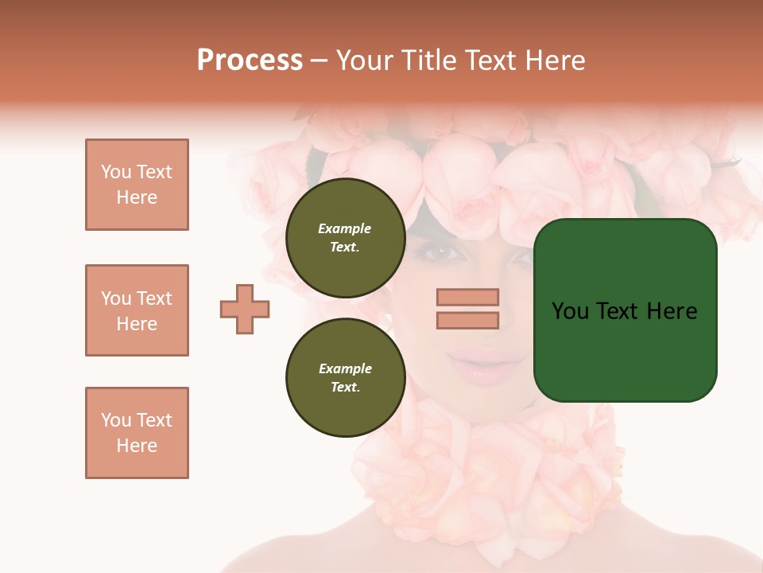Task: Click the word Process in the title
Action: [250, 60]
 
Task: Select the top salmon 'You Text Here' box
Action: [137, 185]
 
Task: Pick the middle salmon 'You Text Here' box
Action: [137, 310]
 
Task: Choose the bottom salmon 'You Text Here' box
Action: [137, 433]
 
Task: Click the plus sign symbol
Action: [245, 309]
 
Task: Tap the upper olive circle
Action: [345, 238]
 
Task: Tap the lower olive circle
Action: [345, 378]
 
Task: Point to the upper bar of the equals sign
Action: [467, 298]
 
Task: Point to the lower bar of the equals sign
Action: [467, 321]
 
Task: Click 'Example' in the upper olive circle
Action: [345, 229]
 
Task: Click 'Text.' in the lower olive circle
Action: [345, 388]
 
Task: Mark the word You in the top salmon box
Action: [116, 172]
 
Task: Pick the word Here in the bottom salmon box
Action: [137, 446]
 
